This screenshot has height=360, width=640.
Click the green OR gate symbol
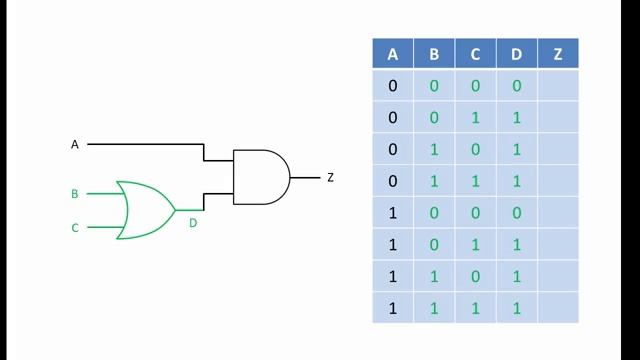(144, 210)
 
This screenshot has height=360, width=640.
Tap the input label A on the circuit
(74, 145)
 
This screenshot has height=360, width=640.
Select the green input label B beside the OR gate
(74, 194)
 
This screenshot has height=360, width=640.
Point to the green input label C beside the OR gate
(74, 228)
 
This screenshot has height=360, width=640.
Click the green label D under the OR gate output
(193, 223)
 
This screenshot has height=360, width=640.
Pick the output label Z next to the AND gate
(330, 178)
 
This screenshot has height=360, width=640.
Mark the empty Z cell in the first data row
(557, 86)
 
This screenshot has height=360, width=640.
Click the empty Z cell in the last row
(557, 308)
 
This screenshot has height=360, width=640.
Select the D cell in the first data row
(516, 86)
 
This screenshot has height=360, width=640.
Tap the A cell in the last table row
(393, 308)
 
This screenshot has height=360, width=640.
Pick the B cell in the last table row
(434, 308)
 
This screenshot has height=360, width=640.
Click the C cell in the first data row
(475, 86)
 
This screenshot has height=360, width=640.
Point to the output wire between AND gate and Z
(305, 178)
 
